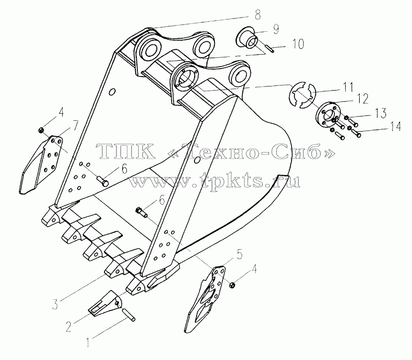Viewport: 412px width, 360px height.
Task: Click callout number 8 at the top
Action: coord(257,15)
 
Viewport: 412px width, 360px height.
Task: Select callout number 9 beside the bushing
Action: coord(275,29)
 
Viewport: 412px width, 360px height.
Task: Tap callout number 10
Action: coord(298,44)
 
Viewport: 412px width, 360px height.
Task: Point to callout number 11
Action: coord(348,87)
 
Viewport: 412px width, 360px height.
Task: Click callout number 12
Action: coord(362,99)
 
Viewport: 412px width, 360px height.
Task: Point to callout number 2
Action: coord(68,326)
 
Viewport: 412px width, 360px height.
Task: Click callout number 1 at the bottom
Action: coord(88,342)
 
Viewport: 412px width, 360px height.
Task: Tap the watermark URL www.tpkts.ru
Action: coord(215,181)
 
